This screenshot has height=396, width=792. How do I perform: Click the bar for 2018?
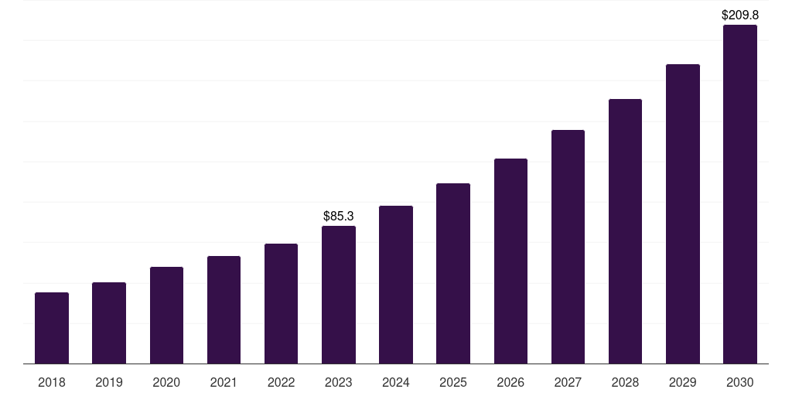[x=52, y=328]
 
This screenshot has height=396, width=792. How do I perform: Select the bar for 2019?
[x=109, y=323]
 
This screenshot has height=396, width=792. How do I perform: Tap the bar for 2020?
[x=166, y=316]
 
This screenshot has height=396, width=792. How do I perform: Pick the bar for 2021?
[x=224, y=310]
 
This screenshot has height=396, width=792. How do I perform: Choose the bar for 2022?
[x=281, y=304]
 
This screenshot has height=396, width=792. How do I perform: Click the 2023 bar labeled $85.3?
[x=339, y=295]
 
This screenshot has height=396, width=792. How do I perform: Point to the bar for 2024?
[x=396, y=285]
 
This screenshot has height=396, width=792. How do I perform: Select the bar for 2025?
[x=453, y=274]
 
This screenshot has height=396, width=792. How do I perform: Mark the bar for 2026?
[x=510, y=261]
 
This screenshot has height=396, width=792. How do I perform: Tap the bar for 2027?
[x=568, y=247]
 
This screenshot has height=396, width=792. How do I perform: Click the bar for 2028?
[x=625, y=231]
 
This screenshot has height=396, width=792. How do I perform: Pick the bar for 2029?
[x=683, y=214]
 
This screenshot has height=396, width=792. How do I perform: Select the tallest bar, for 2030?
[x=740, y=194]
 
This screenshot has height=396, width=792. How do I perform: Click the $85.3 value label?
[x=339, y=216]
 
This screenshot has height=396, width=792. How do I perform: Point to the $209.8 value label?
[x=740, y=15]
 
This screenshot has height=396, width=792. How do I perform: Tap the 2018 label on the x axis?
[x=52, y=382]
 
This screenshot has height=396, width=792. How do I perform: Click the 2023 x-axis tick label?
[x=339, y=382]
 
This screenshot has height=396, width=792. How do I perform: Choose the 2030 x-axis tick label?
[x=740, y=382]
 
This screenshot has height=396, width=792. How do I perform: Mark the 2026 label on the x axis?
[x=510, y=382]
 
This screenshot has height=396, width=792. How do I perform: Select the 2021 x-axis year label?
[x=224, y=382]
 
